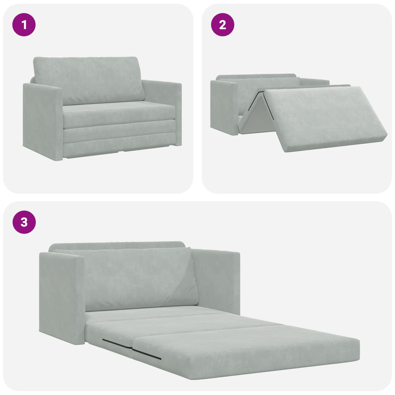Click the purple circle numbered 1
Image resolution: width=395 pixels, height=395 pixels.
click(24, 24)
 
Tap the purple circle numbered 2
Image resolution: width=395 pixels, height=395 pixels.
click(223, 24)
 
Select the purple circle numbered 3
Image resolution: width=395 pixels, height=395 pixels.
click(24, 222)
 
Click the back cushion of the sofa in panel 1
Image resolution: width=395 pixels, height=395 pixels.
click(89, 79)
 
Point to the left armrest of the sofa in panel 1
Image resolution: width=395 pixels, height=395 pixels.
click(43, 118)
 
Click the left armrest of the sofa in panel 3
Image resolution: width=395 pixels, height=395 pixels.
click(61, 296)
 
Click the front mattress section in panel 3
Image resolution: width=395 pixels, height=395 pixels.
click(244, 349)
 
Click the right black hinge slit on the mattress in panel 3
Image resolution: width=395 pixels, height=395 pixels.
click(146, 354)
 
